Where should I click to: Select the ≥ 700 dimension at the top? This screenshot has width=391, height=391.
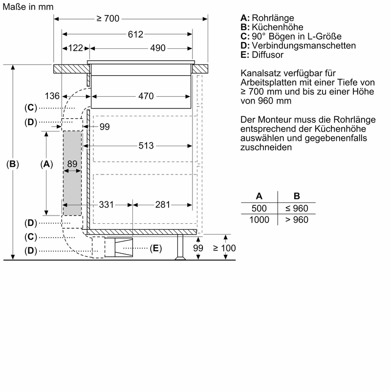tap(108, 19)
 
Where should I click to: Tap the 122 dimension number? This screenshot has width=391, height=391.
tap(75, 48)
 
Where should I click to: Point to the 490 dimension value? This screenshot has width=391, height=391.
tap(157, 48)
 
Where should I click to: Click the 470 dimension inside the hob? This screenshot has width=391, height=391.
tap(146, 96)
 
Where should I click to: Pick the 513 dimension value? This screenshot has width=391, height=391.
tap(146, 146)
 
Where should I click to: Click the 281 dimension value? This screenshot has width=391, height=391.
tap(162, 204)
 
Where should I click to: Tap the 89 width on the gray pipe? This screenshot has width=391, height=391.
tap(72, 164)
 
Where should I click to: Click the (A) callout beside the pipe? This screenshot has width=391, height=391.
tap(45, 164)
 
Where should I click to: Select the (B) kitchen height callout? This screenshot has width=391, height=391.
tap(12, 164)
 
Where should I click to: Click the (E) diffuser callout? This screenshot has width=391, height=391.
tap(155, 248)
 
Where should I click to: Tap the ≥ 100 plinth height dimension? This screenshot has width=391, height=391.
tap(224, 248)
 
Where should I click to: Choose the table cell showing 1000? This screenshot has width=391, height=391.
tap(259, 220)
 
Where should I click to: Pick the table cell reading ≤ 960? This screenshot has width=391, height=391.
tap(297, 208)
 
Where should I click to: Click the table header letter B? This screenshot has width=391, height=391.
tap(297, 196)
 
